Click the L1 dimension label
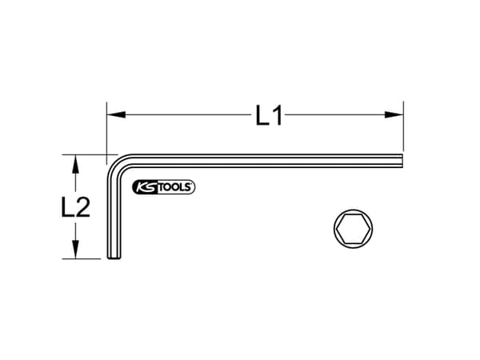pyautogui.click(x=270, y=117)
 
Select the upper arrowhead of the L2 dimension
pyautogui.click(x=75, y=162)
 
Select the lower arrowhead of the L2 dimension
pyautogui.click(x=75, y=252)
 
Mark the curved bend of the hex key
pyautogui.click(x=117, y=165)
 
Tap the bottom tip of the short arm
pyautogui.click(x=113, y=258)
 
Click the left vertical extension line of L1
pyautogui.click(x=106, y=128)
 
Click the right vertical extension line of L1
pyautogui.click(x=403, y=128)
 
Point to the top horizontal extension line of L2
pyautogui.click(x=84, y=154)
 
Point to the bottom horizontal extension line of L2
pyautogui.click(x=84, y=259)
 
